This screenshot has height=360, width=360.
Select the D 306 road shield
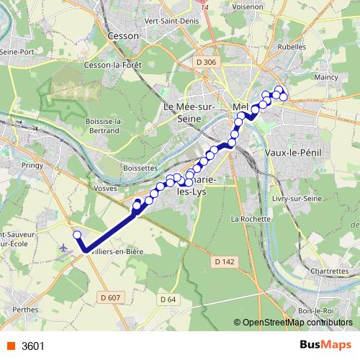point(205,63)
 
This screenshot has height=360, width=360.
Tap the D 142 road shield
point(225,262)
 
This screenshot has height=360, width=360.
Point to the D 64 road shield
point(168,298)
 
